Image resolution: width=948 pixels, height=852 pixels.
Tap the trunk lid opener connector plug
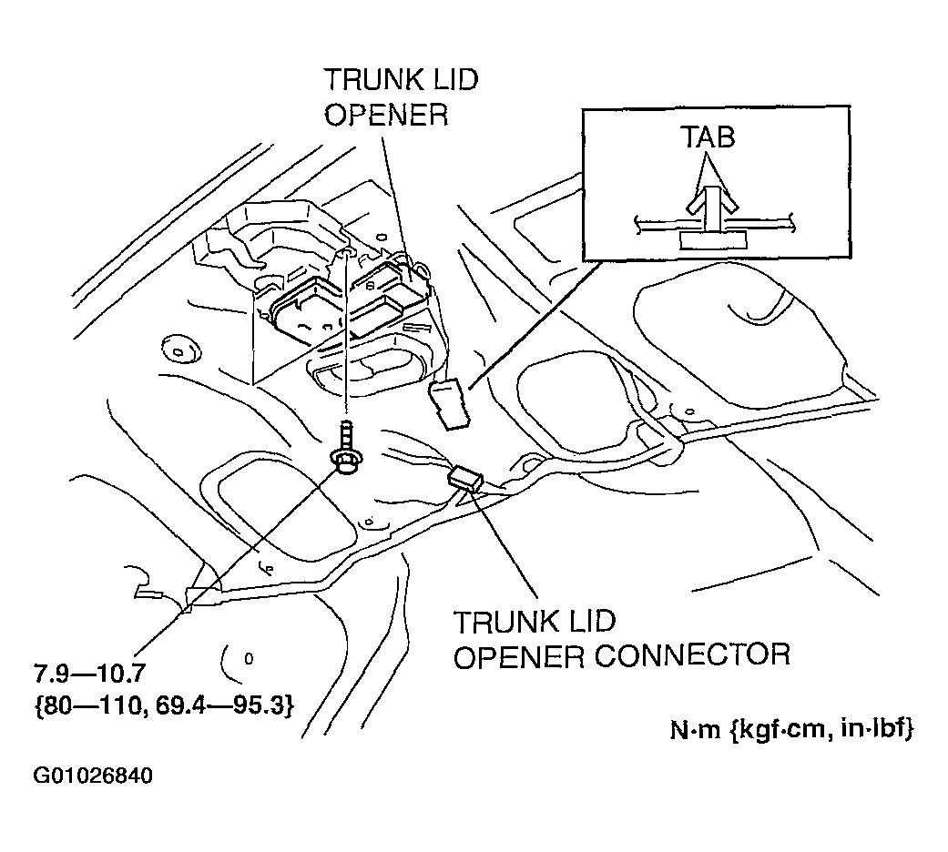tap(464, 477)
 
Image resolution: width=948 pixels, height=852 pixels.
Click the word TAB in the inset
tap(708, 137)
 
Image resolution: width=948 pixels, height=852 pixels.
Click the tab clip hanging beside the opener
tap(450, 403)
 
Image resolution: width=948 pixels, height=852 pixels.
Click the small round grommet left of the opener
tap(173, 346)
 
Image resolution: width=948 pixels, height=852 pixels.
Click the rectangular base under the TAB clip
tap(712, 239)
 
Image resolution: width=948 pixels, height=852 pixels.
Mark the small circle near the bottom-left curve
tap(248, 656)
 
